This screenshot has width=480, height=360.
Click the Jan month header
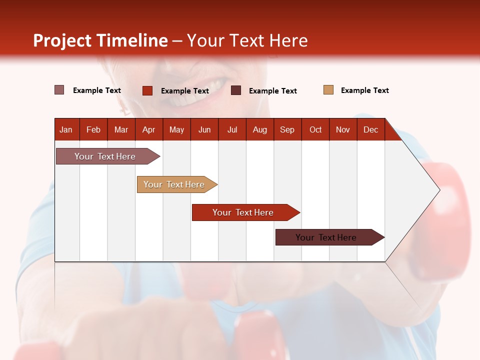66,130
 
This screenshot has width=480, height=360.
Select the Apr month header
149,130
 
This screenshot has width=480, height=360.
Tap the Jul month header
232,130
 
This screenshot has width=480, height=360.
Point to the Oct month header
315,130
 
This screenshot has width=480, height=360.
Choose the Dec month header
370,130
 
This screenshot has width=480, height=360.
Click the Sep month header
287,130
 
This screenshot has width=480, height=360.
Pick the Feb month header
93,130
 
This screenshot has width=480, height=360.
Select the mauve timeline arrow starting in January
108,156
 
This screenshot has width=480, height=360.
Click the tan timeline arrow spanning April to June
177,184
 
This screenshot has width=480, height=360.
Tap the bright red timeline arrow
246,212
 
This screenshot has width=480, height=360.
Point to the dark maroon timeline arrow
330,237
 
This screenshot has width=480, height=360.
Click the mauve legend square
59,90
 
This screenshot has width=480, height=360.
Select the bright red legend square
147,90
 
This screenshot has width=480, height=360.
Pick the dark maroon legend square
235,90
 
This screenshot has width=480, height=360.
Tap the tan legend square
328,90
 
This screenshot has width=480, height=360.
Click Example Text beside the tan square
365,90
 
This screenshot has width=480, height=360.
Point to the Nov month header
343,130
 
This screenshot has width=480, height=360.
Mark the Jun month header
204,130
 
